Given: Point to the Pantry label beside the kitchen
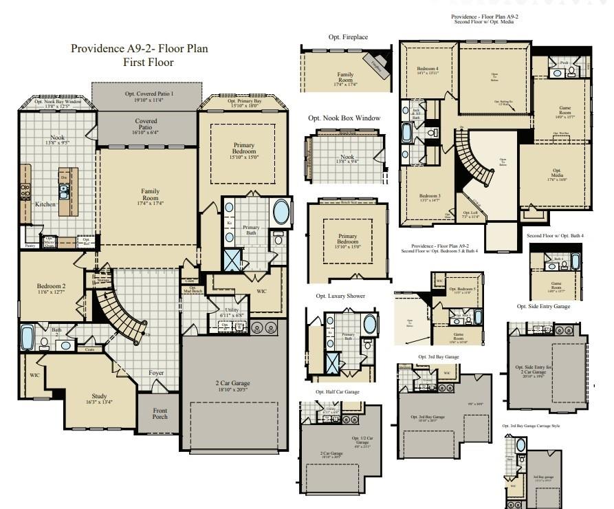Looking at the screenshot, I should coord(30,245).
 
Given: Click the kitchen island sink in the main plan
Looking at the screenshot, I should coord(63,193).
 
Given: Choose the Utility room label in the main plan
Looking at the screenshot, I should coord(232,311).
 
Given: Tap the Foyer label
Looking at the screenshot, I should coord(157,373).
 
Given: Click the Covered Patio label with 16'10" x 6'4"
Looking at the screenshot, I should coord(145,124).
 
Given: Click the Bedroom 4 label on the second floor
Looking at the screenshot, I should coord(427,69).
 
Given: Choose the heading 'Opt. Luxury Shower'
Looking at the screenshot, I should coord(341,296).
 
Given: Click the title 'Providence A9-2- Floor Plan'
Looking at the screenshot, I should coord(140,49).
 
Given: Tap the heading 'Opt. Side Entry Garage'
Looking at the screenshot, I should coord(543,306).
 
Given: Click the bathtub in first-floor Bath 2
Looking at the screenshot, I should coord(28,338).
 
